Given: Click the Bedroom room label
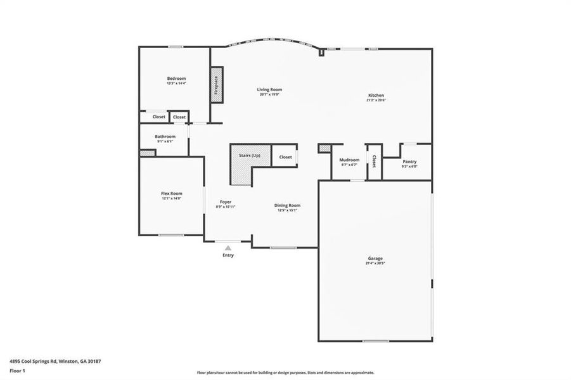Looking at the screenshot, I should click(x=176, y=79).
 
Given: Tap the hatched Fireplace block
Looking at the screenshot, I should click(x=215, y=84).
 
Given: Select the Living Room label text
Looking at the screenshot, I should click(x=269, y=90).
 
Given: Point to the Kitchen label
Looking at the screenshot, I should click(x=376, y=96).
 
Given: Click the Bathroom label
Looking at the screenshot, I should click(x=165, y=137).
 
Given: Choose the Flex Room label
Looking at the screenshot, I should click(x=171, y=194).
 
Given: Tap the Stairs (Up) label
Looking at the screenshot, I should click(x=249, y=156).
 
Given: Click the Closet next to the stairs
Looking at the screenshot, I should click(x=285, y=157).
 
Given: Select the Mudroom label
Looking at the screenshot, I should click(x=349, y=160).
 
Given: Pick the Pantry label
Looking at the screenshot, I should click(x=409, y=162).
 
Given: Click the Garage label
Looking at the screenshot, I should click(x=376, y=258).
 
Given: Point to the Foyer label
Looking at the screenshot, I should click(x=226, y=202).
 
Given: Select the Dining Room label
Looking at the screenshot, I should click(x=287, y=205).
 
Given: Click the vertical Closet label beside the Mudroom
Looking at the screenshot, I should click(x=375, y=161).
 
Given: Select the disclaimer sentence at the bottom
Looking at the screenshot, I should click(x=285, y=373).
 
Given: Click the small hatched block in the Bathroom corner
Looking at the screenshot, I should click(x=147, y=153).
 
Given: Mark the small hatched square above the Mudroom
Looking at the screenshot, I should click(x=324, y=148).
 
